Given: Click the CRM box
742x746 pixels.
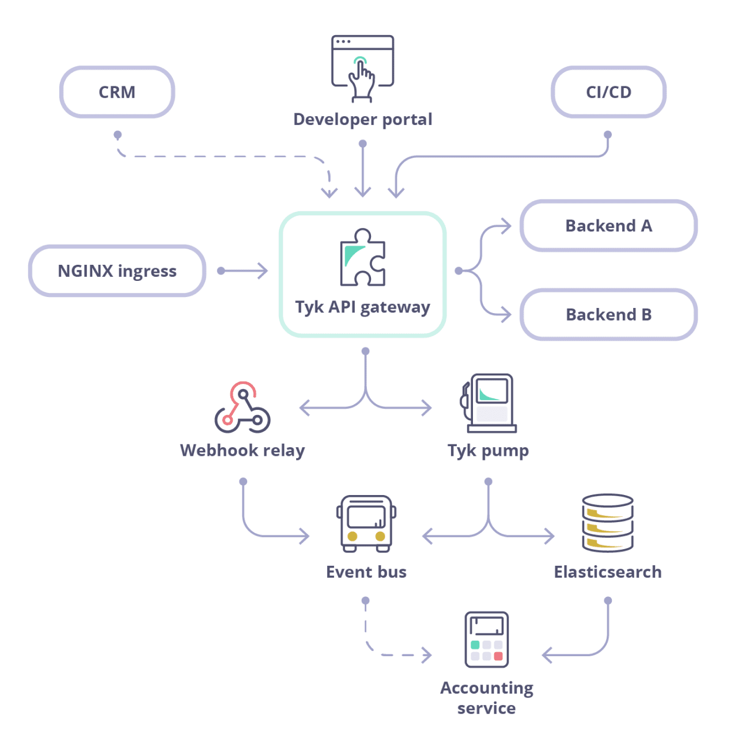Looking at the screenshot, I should [117, 92].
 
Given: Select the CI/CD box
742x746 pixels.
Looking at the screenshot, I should [608, 92].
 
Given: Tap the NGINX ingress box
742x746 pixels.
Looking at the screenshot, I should [117, 271].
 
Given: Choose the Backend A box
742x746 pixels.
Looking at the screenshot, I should [608, 226].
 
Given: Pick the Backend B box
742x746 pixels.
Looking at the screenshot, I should [608, 315].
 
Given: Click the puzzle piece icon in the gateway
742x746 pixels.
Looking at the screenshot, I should [362, 258].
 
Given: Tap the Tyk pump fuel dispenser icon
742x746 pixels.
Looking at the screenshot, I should [489, 403].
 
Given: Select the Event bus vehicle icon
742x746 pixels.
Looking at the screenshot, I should [366, 524].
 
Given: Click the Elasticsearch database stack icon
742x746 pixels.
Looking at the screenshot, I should [608, 523].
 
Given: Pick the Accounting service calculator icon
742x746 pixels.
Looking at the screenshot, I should [487, 640].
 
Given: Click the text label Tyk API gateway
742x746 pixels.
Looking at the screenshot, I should [362, 307].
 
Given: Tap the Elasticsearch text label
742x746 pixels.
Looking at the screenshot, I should [608, 572].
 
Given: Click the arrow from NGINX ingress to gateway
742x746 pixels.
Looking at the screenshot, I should [244, 271].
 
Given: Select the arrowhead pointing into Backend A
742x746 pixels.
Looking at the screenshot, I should [506, 226].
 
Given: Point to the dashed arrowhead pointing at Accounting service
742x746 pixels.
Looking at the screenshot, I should [427, 655].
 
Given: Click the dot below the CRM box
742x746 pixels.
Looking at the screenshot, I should [118, 135].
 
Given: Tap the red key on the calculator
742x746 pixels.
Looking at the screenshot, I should [498, 656].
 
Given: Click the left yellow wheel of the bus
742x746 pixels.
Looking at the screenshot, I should [353, 536].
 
